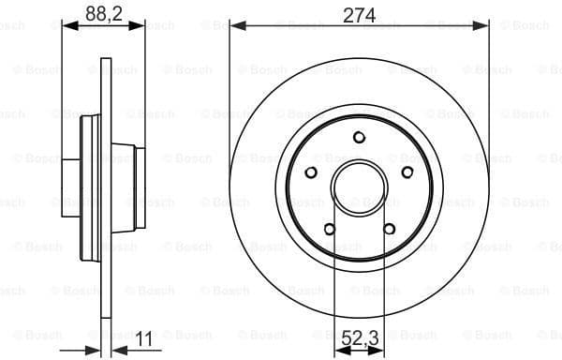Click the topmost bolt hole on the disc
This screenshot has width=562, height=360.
[x=359, y=138]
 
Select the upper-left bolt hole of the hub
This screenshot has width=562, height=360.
[x=311, y=172]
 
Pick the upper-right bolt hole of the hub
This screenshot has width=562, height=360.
[x=407, y=172]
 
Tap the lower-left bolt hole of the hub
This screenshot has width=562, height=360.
[x=329, y=228]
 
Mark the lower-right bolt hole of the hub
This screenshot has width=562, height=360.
[x=389, y=228]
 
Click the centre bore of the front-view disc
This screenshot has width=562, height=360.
[x=359, y=187]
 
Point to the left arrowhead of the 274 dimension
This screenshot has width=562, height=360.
[x=235, y=27]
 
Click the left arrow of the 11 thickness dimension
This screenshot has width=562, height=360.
[x=93, y=349]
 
